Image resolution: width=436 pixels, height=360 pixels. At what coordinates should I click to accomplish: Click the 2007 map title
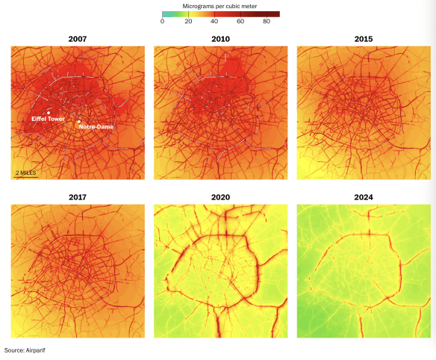coord(77,38)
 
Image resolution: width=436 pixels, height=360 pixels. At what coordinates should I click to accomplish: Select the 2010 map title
coord(219,38)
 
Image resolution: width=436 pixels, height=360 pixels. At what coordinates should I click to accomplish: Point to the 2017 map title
coord(77,197)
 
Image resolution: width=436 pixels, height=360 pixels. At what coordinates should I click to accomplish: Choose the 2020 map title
coord(219,197)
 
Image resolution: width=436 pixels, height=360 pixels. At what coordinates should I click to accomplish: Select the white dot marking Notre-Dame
coord(79,122)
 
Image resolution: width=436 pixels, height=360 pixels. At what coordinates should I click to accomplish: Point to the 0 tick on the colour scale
coord(163,22)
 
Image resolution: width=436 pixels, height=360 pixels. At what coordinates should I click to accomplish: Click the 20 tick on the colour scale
coord(188,22)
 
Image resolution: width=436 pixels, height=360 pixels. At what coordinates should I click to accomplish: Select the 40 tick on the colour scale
coord(214,22)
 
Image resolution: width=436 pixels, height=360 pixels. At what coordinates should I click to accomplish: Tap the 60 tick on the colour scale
coord(240,22)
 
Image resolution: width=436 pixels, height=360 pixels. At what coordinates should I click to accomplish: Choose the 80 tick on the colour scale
coord(267,22)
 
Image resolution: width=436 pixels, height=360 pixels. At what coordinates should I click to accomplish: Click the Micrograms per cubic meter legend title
coord(220,5)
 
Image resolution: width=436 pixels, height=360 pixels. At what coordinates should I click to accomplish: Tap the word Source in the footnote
coord(13,350)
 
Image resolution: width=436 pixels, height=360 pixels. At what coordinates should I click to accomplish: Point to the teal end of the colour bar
coord(164,13)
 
